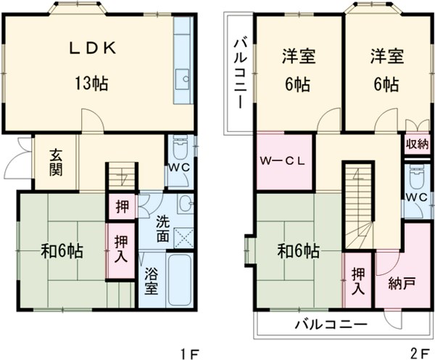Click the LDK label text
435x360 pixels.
tap(91, 48)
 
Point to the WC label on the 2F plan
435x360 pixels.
tap(414, 197)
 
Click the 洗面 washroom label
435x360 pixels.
tap(163, 226)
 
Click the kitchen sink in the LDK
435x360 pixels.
tap(185, 78)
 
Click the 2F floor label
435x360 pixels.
tap(418, 353)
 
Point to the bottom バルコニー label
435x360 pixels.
tap(331, 324)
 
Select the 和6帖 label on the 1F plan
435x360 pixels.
tap(62, 252)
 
